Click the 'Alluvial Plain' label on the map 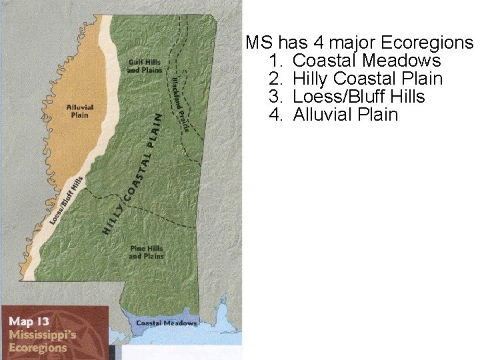pos(80,111)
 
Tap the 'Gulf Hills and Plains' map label pos(145,66)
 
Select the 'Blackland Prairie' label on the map pos(180,104)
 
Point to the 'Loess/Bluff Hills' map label pos(67,201)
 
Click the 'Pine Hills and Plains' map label pos(146,252)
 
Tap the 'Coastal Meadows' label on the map pos(166,323)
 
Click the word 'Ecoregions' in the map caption pos(38,347)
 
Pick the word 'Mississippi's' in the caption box pos(42,335)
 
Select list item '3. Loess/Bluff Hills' pos(347,97)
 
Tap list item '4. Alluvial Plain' pos(333,115)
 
